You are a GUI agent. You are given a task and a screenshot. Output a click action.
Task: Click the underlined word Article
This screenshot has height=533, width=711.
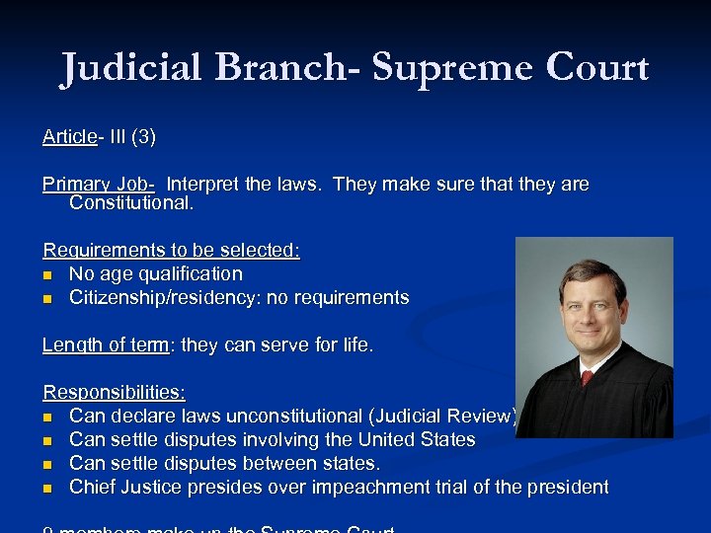(69, 137)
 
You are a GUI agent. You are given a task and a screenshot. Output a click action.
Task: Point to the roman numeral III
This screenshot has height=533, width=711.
(118, 137)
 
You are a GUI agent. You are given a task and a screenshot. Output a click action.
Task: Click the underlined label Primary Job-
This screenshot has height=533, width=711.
(98, 185)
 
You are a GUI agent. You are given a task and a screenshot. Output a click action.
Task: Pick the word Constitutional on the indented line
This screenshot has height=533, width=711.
(131, 204)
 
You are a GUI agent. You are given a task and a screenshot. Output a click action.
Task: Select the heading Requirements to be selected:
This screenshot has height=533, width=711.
(171, 251)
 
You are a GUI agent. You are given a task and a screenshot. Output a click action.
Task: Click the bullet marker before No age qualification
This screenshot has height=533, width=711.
(48, 275)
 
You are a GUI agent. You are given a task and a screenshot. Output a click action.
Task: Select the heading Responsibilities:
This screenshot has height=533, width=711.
(114, 393)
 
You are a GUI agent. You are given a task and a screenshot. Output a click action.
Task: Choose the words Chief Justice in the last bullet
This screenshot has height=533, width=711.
(124, 487)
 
